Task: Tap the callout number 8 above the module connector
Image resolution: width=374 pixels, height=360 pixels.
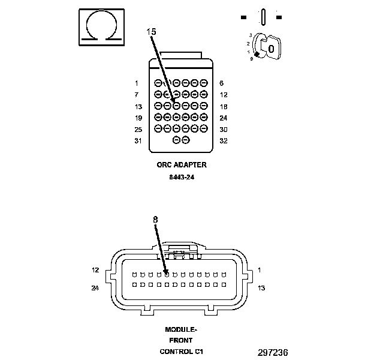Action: tap(155, 220)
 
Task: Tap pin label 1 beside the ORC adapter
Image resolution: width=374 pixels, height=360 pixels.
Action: tap(137, 83)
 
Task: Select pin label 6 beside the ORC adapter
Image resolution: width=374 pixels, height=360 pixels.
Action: tap(222, 83)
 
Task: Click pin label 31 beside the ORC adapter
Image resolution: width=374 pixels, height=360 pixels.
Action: tap(138, 141)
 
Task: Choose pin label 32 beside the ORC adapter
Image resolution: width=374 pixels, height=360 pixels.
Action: tap(223, 141)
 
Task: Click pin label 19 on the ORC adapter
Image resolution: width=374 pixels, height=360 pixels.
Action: tap(138, 118)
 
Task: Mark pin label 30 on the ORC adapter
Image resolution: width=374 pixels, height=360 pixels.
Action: tap(223, 130)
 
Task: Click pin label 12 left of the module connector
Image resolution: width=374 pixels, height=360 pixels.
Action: tap(95, 270)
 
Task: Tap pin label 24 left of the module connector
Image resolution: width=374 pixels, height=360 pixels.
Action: tap(95, 287)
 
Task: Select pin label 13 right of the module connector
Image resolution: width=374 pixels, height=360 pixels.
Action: tap(261, 287)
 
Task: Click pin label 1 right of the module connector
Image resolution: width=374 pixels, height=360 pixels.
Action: tap(259, 270)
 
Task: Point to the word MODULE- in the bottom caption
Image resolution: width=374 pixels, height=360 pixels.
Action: tap(181, 329)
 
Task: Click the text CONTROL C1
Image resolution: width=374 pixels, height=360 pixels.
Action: tap(181, 351)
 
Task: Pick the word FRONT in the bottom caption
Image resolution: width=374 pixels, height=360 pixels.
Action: tap(181, 340)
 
